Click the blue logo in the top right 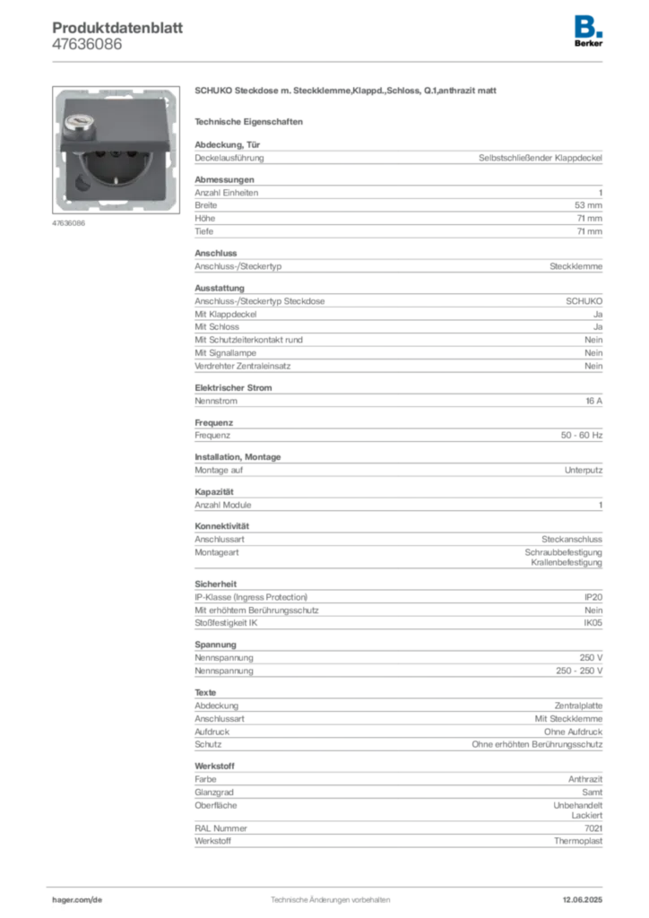(589, 25)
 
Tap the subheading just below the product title (251, 121)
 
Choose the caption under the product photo (67, 224)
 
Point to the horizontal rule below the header (329, 61)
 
